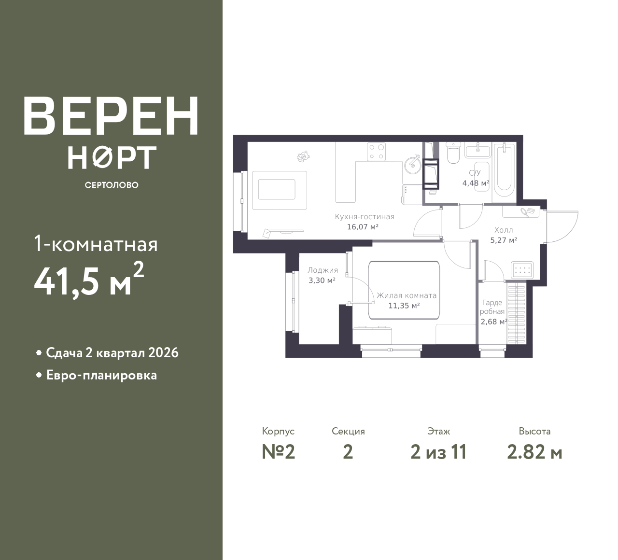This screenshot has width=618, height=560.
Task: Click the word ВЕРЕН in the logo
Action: pyautogui.click(x=111, y=116)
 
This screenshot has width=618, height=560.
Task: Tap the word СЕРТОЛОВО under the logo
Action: pyautogui.click(x=112, y=185)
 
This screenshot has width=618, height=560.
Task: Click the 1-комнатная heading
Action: pyautogui.click(x=96, y=244)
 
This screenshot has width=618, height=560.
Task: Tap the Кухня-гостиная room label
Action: pyautogui.click(x=365, y=217)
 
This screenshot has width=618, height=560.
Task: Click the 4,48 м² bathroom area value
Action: pyautogui.click(x=476, y=183)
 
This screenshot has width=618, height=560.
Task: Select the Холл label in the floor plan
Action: pyautogui.click(x=504, y=230)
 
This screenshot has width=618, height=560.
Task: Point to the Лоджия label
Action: pyautogui.click(x=323, y=270)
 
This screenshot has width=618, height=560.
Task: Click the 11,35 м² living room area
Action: pyautogui.click(x=404, y=306)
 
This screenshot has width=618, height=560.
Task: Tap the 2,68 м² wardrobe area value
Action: pyautogui.click(x=494, y=322)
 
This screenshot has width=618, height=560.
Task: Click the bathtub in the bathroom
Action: pyautogui.click(x=505, y=170)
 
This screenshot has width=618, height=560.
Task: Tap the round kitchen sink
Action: pyautogui.click(x=411, y=166)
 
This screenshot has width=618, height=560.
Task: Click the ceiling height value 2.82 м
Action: pyautogui.click(x=534, y=452)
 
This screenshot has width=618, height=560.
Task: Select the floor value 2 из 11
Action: pyautogui.click(x=438, y=452)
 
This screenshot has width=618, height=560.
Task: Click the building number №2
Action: pyautogui.click(x=279, y=452)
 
